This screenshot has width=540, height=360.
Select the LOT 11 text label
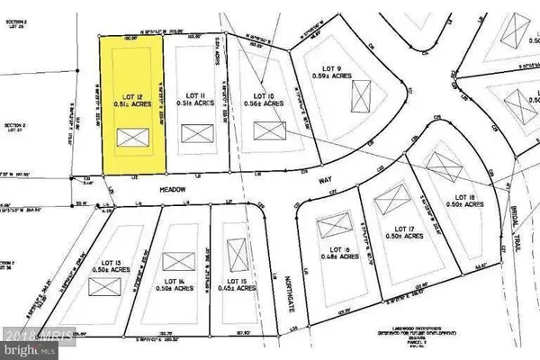pos(196,94)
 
